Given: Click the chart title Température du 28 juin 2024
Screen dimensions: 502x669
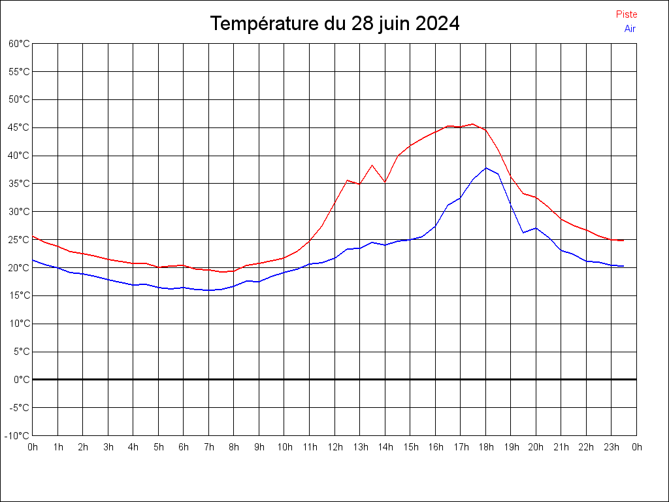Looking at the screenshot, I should pyautogui.click(x=334, y=24).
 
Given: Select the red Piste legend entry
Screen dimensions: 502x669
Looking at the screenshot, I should pyautogui.click(x=627, y=14).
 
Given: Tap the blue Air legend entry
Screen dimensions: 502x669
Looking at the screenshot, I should pyautogui.click(x=630, y=28).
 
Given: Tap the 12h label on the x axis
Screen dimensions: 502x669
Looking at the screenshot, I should pyautogui.click(x=335, y=447).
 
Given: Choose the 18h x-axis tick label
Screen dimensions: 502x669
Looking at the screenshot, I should pyautogui.click(x=486, y=447).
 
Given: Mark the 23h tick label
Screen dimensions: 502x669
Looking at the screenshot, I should pyautogui.click(x=612, y=447).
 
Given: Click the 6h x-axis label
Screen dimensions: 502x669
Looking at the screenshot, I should pyautogui.click(x=184, y=447).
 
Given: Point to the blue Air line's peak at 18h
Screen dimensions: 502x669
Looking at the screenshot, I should pyautogui.click(x=485, y=168).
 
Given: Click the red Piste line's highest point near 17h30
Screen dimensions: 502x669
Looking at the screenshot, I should pyautogui.click(x=473, y=124).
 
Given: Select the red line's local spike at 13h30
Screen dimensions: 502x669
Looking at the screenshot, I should pyautogui.click(x=372, y=165).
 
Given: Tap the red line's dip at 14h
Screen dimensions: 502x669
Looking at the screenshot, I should pyautogui.click(x=385, y=182).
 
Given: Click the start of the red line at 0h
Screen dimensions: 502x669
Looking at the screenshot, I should pyautogui.click(x=33, y=237).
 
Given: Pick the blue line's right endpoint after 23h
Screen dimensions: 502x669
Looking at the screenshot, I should pyautogui.click(x=623, y=266).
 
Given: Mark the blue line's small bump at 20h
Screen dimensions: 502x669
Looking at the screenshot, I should pyautogui.click(x=536, y=228).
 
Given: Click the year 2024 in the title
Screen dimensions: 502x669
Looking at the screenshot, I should pyautogui.click(x=437, y=24).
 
